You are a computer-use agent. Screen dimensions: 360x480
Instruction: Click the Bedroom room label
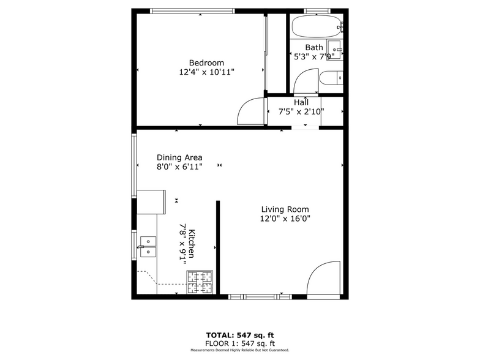point(206,62)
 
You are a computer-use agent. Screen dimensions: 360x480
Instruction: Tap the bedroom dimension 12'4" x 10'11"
point(206,72)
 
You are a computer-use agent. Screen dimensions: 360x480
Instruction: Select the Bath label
point(314,47)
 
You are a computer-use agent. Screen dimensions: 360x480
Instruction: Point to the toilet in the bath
point(331,78)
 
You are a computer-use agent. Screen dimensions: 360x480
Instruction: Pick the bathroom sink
point(334,49)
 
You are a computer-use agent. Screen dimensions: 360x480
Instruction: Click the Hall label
point(301,102)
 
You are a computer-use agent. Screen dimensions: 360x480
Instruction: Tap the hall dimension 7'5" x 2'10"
point(301,111)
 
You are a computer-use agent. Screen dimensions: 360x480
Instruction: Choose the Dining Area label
point(179,157)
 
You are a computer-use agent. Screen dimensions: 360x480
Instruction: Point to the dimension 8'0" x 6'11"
point(179,166)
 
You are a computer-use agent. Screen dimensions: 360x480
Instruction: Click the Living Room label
point(285,209)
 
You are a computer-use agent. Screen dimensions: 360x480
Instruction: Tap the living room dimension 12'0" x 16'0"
point(285,218)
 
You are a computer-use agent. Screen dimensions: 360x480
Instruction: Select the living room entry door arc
point(323,279)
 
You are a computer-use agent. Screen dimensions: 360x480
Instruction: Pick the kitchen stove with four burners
point(200,282)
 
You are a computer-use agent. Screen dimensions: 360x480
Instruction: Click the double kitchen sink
point(147,247)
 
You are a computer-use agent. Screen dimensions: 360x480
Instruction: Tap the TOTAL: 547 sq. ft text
point(240,335)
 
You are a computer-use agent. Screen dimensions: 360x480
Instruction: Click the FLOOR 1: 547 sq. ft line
point(240,343)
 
